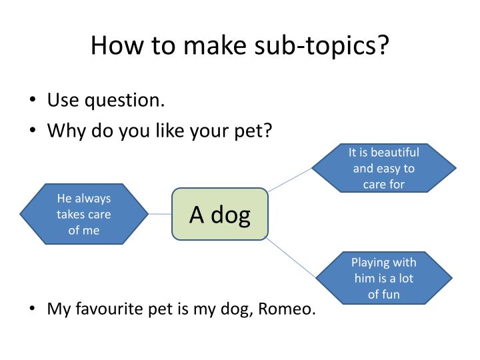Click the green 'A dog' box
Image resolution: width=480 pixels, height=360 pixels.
tap(220, 214)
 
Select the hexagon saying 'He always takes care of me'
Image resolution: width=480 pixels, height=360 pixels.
tap(84, 215)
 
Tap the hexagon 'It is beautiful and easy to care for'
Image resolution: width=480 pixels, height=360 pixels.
tap(383, 168)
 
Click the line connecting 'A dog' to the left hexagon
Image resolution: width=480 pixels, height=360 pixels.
tap(160, 214)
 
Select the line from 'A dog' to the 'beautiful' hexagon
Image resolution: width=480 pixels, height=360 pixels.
tap(290, 179)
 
